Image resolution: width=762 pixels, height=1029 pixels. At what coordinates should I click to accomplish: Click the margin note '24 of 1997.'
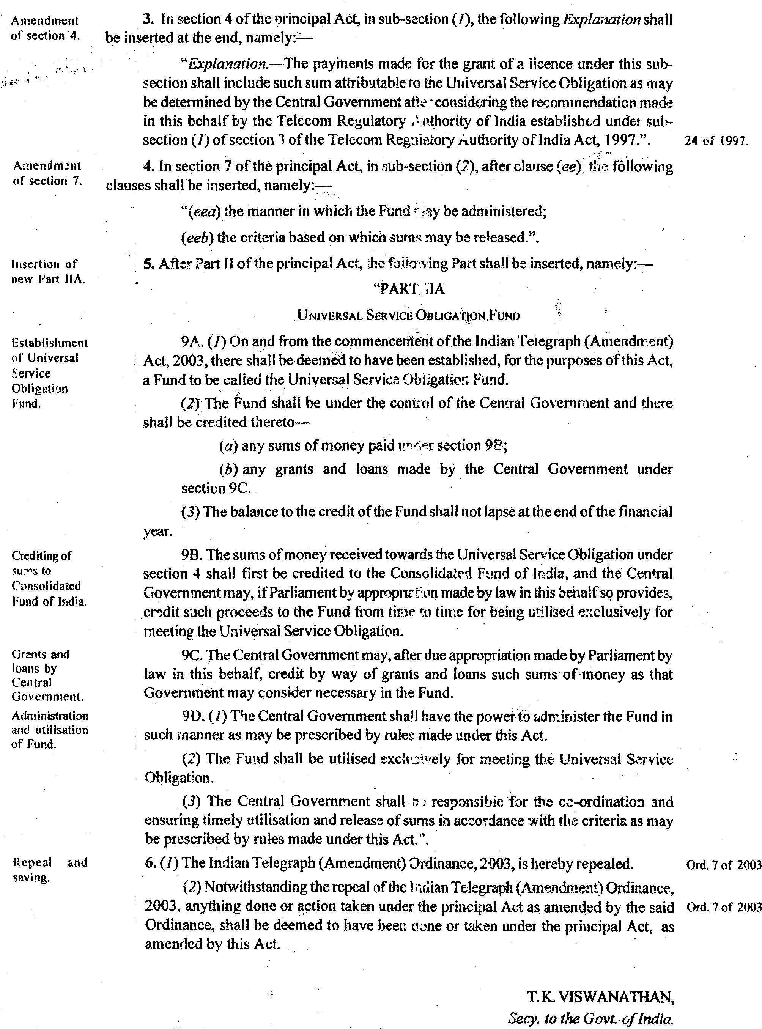[x=716, y=141]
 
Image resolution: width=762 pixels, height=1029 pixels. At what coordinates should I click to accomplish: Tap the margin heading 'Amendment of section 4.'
[x=45, y=28]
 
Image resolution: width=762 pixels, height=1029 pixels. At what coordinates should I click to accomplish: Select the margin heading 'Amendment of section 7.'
[x=47, y=173]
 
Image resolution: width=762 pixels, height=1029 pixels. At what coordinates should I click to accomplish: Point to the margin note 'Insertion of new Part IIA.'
[x=48, y=271]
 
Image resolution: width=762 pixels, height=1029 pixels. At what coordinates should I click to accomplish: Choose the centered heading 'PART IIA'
[x=408, y=289]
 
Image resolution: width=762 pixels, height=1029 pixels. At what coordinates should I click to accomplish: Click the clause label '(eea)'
[x=200, y=212]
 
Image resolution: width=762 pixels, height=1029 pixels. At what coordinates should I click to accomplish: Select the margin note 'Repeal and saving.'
[x=49, y=870]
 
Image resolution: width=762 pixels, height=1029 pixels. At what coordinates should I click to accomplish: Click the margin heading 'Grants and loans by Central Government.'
[x=47, y=675]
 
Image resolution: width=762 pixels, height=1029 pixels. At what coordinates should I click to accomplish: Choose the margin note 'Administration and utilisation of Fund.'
[x=49, y=730]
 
